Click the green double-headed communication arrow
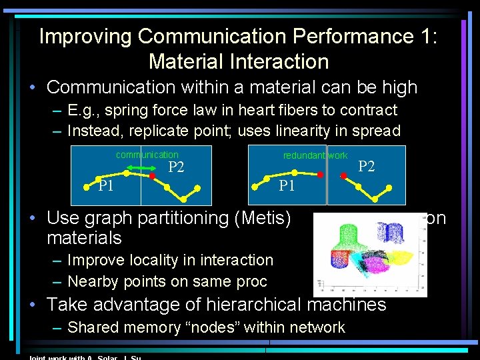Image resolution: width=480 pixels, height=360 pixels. [141, 166]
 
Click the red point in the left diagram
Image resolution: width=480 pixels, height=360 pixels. [153, 176]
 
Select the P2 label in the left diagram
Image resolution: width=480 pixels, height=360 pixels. [176, 167]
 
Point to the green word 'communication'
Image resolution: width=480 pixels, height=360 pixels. [147, 155]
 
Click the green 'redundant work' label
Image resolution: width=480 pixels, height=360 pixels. [315, 155]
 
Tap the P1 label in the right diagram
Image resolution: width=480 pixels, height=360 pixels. [287, 185]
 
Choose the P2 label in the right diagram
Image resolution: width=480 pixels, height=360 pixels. [367, 166]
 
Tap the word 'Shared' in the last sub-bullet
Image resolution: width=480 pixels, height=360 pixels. [94, 327]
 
